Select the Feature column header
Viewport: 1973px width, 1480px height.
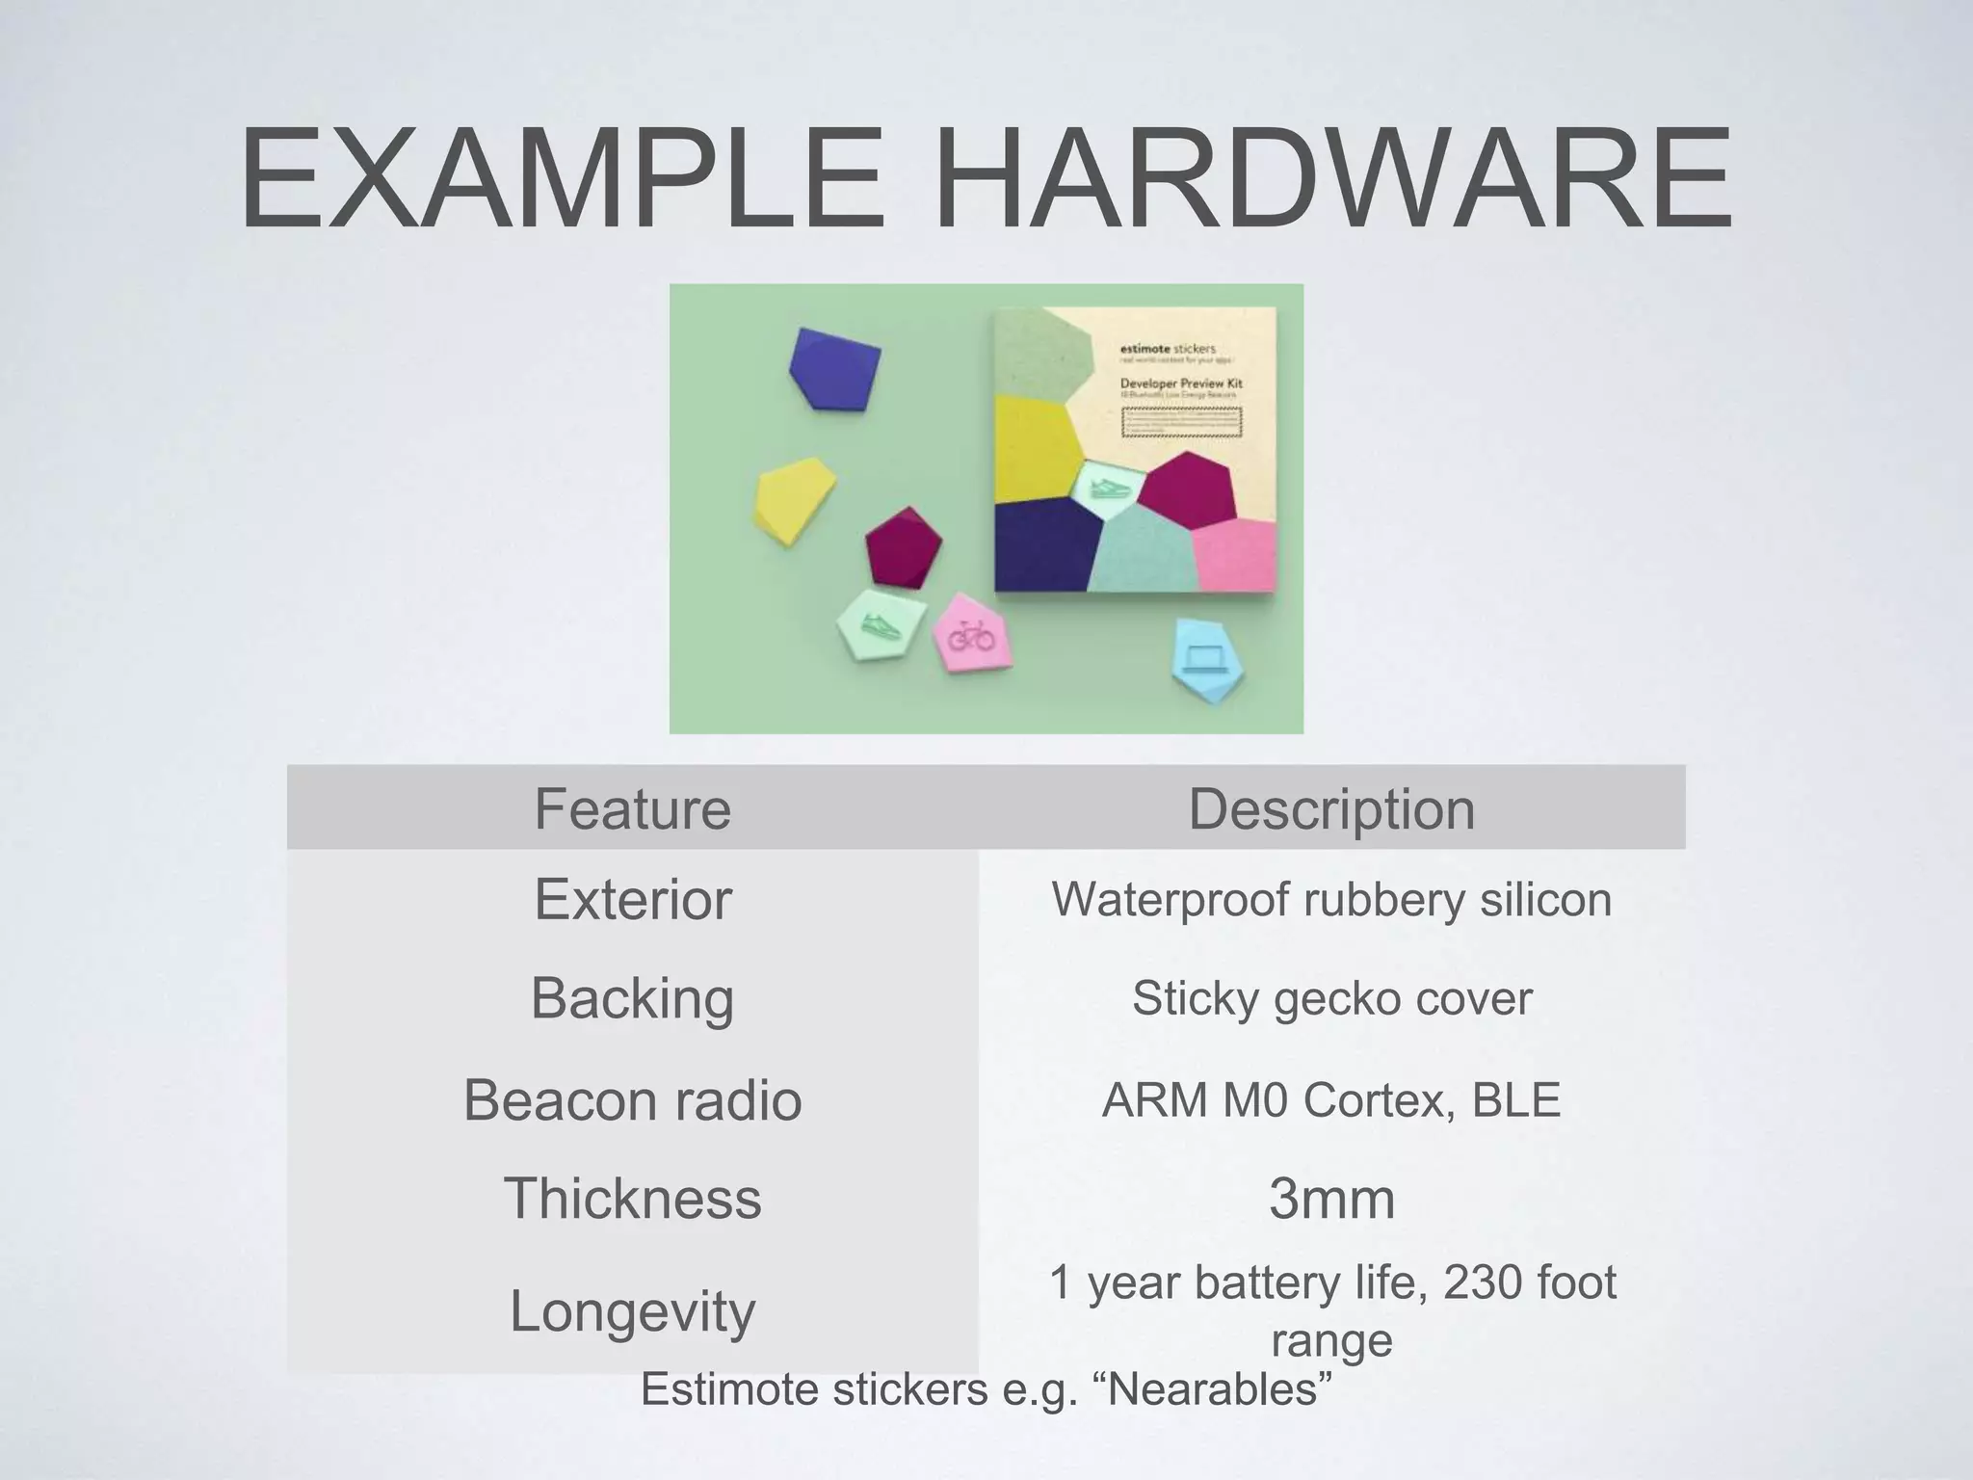pos(632,807)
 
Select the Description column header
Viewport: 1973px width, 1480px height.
pos(1331,807)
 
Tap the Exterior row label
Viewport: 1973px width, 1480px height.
pos(632,899)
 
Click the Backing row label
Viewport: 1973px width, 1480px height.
pos(632,997)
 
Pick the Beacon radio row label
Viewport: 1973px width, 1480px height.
pos(632,1099)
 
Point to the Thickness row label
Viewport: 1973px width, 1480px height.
pos(632,1198)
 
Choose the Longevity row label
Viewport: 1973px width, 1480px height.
pos(632,1310)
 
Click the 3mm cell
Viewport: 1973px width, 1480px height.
pos(1331,1198)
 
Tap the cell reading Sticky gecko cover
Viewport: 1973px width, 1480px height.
pos(1331,997)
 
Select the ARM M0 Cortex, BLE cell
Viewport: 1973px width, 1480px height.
pos(1331,1099)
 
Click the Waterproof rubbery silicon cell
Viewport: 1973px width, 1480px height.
pos(1331,899)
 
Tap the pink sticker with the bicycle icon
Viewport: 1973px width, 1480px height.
pos(973,634)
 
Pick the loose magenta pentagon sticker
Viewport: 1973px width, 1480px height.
pos(903,547)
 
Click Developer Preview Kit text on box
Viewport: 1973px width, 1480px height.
pos(1181,383)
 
